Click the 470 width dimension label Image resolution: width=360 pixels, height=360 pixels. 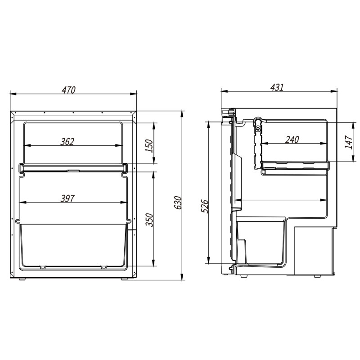69,90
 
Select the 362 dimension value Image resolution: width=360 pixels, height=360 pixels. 67,142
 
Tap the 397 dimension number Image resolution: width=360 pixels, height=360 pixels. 67,198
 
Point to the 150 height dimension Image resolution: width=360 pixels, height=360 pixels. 149,145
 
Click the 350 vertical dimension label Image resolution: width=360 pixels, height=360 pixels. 149,220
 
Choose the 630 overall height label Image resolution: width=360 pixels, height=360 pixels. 178,202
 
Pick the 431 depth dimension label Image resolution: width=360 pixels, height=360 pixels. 277,87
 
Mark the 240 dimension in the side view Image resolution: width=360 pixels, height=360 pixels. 292,139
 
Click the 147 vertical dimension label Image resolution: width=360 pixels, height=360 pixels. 349,142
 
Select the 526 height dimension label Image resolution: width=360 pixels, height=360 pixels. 205,207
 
